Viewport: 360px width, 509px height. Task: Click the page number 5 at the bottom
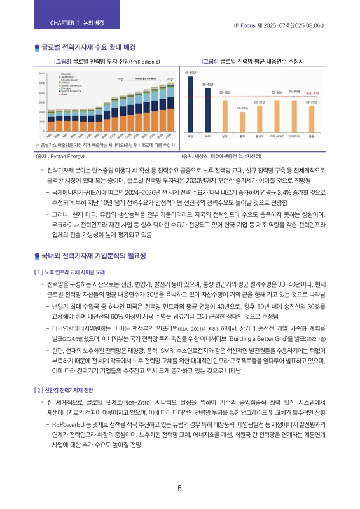(180, 489)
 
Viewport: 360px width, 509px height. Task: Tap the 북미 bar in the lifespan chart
(207, 109)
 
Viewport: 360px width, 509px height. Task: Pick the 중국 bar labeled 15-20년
(242, 123)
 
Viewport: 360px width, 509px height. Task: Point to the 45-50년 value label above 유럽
(190, 73)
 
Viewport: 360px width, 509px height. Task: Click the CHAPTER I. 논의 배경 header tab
(76, 24)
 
